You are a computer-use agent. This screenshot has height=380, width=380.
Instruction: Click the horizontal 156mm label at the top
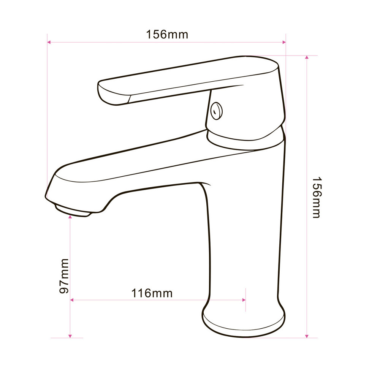(167, 35)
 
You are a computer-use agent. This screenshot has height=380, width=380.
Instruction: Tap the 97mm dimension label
(64, 276)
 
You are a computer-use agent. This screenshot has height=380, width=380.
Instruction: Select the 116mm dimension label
(152, 293)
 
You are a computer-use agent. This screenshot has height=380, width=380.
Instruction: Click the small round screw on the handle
(217, 111)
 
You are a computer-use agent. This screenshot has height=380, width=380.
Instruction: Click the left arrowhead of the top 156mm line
(49, 42)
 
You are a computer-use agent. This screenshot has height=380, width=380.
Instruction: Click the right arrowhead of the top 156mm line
(284, 42)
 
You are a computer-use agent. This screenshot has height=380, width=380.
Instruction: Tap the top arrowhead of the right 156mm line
(307, 57)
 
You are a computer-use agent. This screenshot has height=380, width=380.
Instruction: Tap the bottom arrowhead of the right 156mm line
(307, 336)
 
